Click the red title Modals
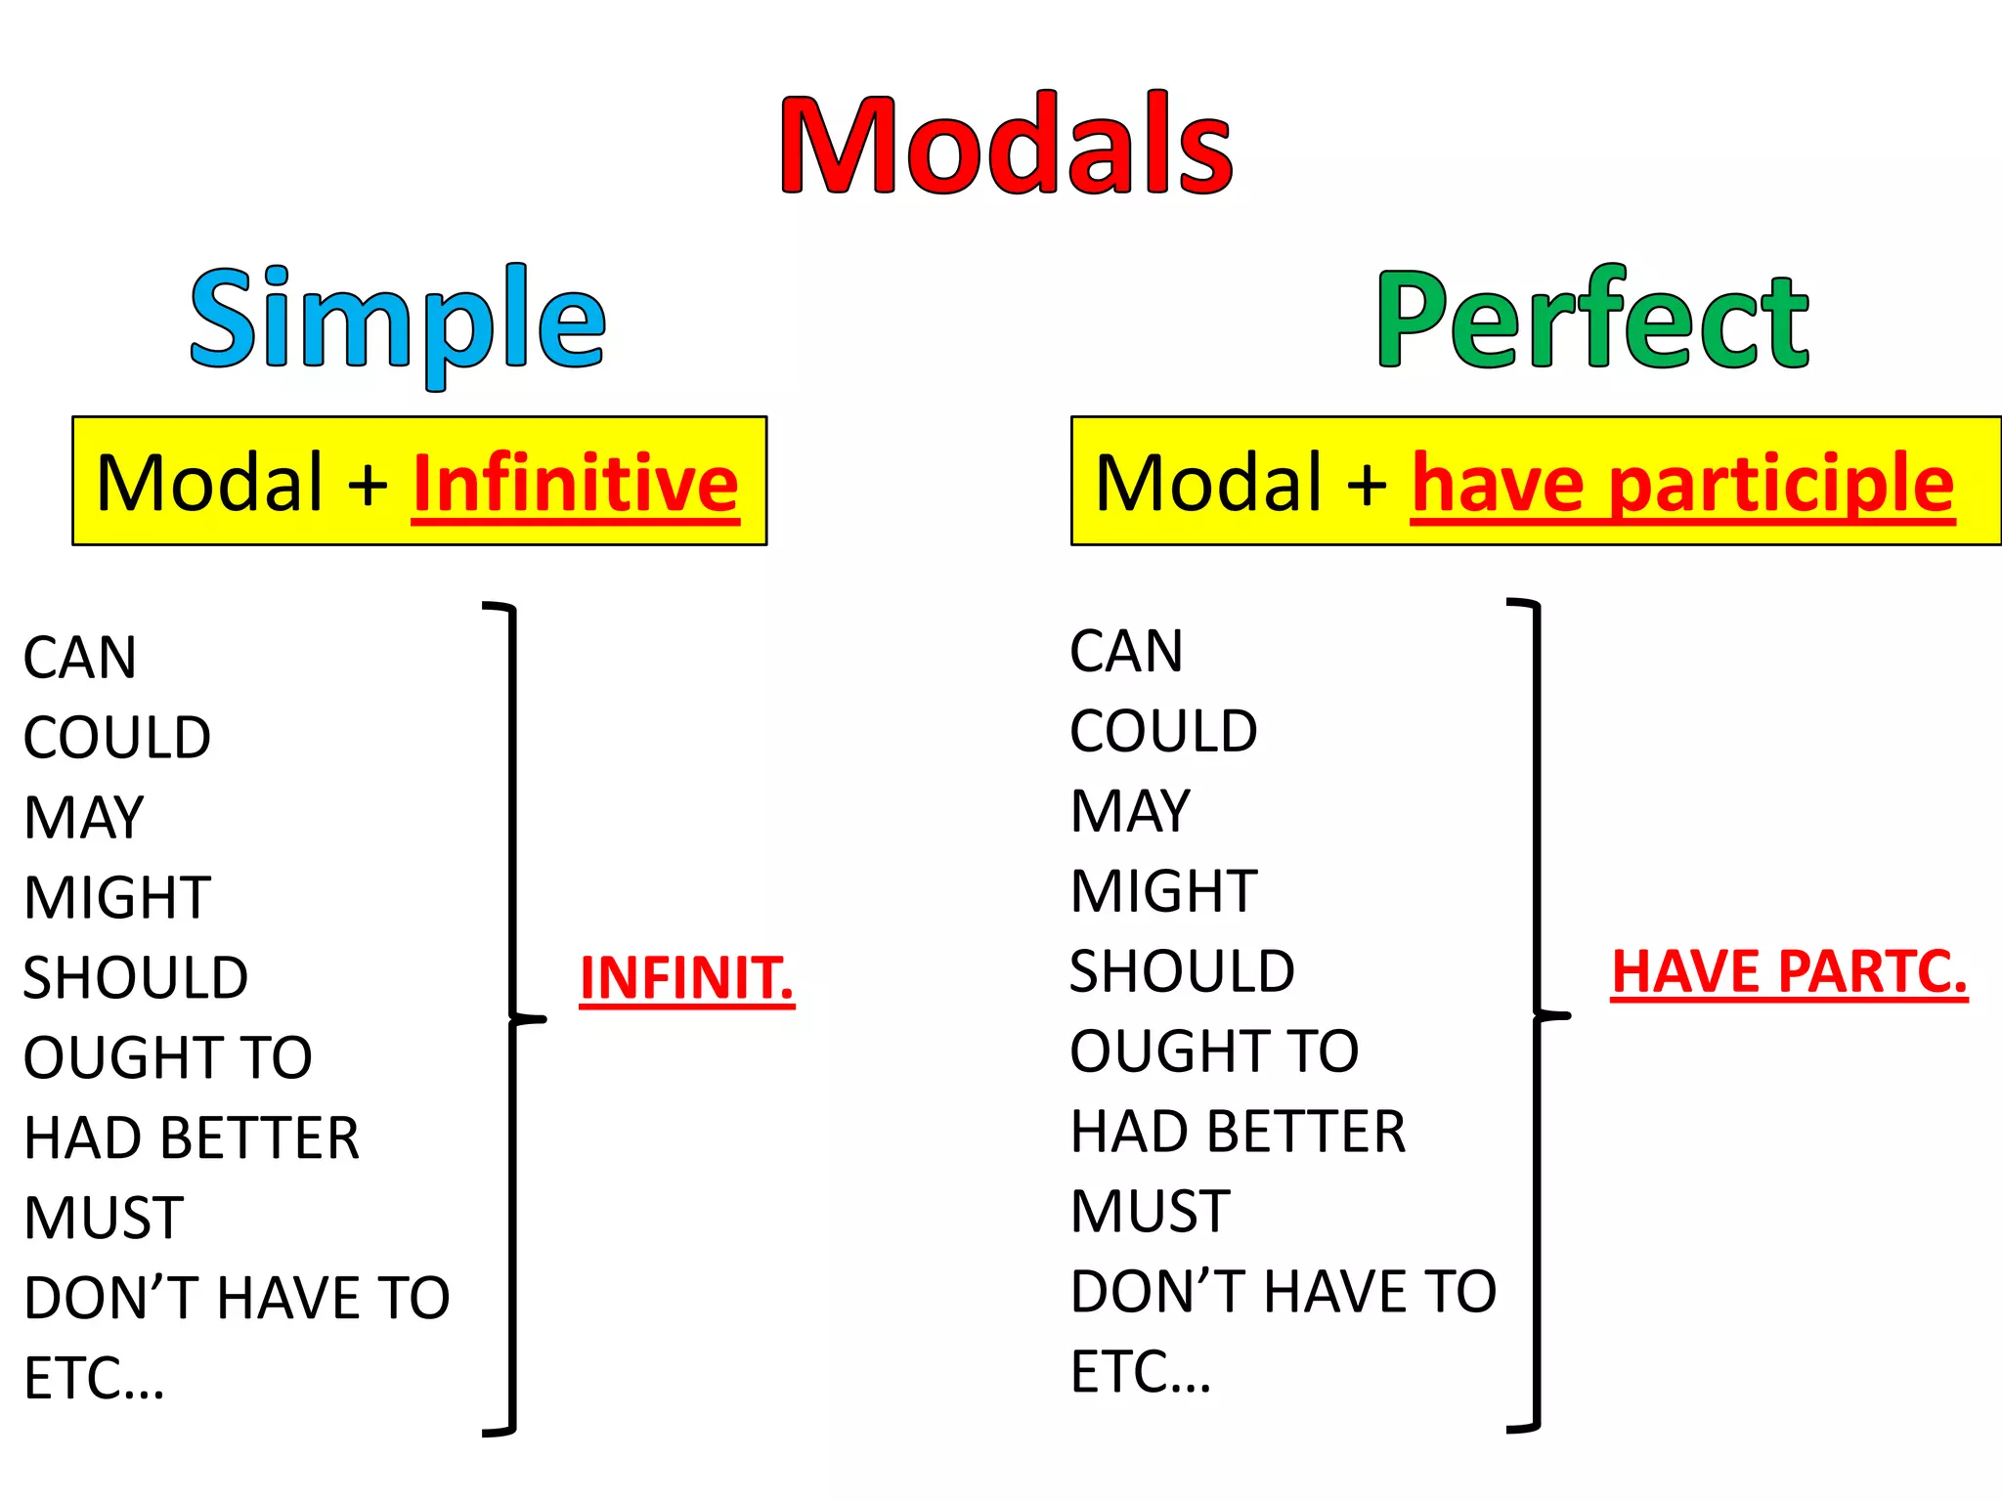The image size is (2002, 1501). pos(1006,145)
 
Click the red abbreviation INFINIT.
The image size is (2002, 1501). pos(686,978)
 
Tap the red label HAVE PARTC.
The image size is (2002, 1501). pos(1788,972)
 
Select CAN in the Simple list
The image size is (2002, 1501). pos(80,658)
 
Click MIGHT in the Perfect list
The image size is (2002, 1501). pos(1163,891)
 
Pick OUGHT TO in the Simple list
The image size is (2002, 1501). pos(167,1057)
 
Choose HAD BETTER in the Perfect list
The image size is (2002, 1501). pos(1238,1132)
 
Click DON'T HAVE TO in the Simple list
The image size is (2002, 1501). pos(237,1298)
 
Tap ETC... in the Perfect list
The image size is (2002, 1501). pos(1140,1372)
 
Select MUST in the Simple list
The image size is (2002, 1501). pos(104,1218)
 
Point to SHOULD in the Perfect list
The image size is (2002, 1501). pos(1182,971)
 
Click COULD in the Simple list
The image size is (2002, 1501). pos(117,738)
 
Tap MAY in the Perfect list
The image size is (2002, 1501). pos(1130,811)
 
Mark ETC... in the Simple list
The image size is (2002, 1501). pos(94,1378)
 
